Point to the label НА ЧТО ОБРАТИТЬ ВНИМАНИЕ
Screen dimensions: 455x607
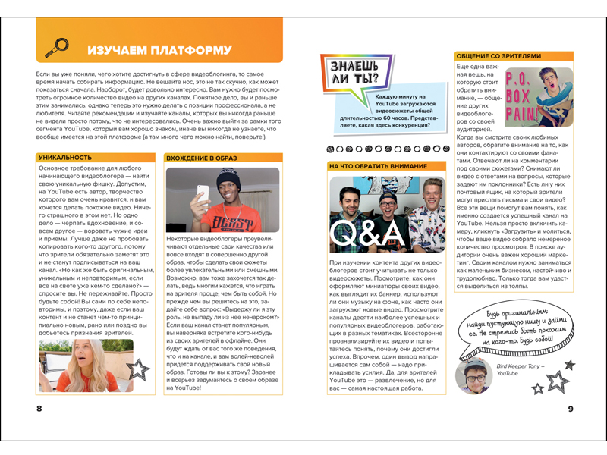point(378,165)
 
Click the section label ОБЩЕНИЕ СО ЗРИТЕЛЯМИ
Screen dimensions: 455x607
point(498,56)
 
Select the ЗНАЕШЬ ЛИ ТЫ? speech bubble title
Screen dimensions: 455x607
point(352,71)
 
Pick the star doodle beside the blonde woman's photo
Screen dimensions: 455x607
point(138,369)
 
